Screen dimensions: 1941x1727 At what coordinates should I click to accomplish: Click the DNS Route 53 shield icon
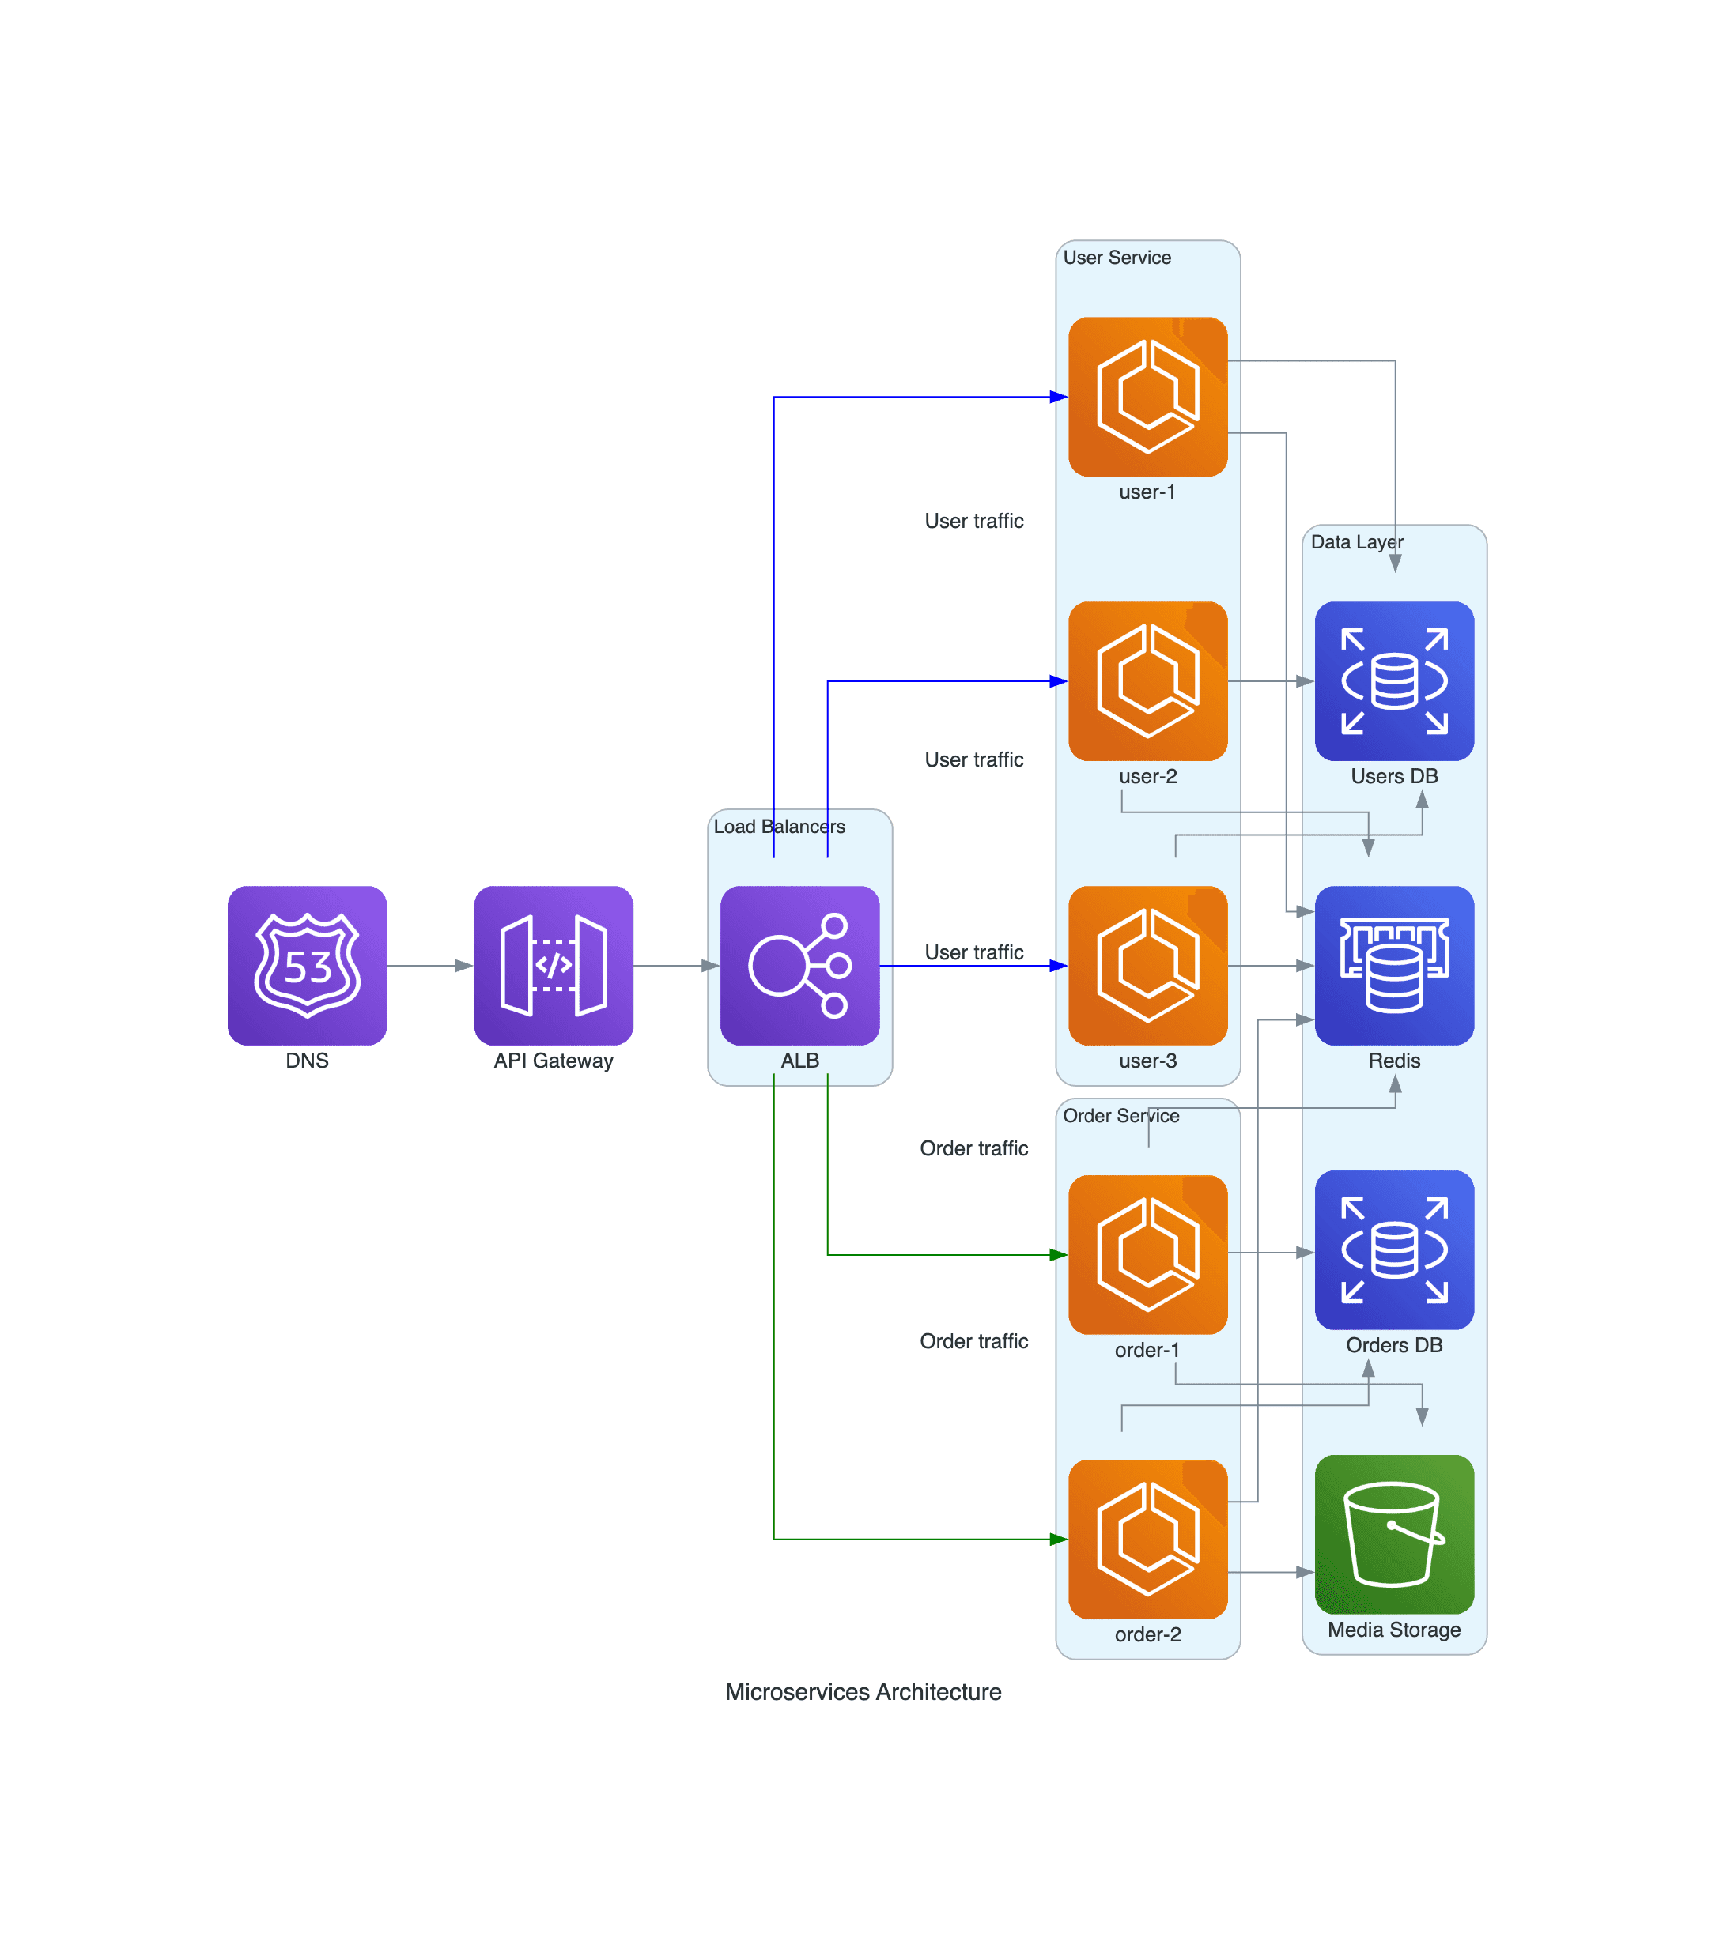[x=307, y=965]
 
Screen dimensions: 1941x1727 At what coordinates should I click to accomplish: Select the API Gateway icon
[x=553, y=965]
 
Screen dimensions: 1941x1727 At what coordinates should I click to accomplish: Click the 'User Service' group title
[x=1117, y=258]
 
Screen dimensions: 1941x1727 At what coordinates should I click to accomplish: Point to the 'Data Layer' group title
[x=1355, y=541]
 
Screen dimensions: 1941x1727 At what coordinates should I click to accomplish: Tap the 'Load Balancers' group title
[x=778, y=826]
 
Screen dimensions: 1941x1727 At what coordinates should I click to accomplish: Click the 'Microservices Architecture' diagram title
[x=863, y=1691]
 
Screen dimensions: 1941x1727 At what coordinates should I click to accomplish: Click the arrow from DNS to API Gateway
[x=429, y=965]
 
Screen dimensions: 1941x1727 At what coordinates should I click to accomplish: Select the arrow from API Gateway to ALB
[x=675, y=965]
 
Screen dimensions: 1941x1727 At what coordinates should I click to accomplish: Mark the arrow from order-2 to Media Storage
[x=1270, y=1572]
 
